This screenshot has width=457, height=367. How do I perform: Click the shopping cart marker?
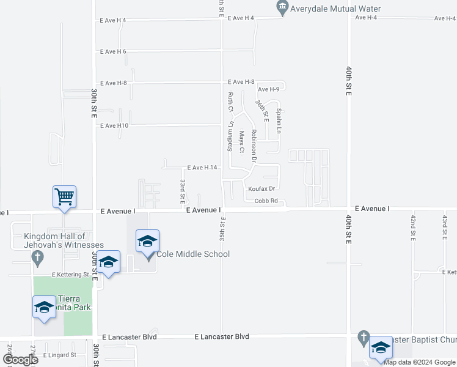(64, 197)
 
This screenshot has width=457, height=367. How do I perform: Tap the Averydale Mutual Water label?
(335, 9)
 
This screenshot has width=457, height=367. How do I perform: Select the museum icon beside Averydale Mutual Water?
(282, 9)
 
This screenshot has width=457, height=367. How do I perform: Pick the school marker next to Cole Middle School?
(147, 242)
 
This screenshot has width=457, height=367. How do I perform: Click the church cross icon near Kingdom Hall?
(37, 258)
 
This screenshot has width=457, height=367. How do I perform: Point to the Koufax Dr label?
(262, 189)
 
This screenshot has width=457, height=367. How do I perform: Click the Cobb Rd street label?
(266, 201)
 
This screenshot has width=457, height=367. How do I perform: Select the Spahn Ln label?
(278, 121)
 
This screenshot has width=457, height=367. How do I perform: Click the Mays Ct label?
(242, 141)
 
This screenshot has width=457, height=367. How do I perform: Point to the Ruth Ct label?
(230, 103)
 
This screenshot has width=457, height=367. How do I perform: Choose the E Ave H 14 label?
(202, 168)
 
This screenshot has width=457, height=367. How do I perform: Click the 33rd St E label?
(182, 192)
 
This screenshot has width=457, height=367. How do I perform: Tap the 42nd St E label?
(413, 228)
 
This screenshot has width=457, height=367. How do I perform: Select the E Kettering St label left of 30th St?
(70, 275)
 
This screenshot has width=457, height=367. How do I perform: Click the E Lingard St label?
(60, 355)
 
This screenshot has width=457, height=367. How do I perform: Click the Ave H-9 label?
(269, 90)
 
